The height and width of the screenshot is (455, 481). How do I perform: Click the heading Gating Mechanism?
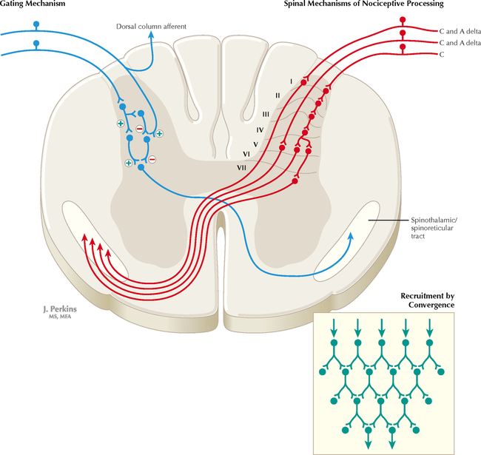(34, 5)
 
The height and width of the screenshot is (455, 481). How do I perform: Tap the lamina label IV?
(260, 129)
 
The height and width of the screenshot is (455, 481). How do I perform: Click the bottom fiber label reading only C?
(442, 55)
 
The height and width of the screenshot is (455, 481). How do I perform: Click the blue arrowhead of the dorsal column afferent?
(151, 36)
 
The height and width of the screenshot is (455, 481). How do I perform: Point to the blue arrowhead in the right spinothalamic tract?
(352, 235)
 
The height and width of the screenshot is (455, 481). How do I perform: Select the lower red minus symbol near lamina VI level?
(152, 159)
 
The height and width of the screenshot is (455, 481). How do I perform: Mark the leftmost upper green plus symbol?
(121, 124)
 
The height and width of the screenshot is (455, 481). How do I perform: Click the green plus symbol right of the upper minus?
(159, 133)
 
